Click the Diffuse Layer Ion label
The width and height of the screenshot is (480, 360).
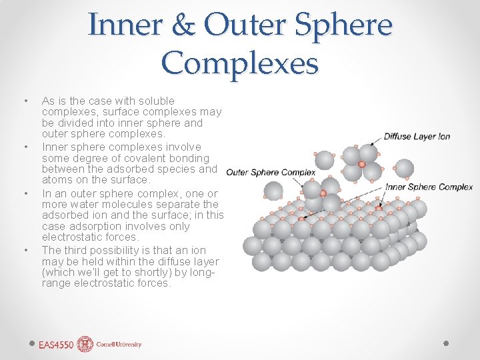click(x=417, y=137)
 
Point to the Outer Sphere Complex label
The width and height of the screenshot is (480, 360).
click(x=271, y=173)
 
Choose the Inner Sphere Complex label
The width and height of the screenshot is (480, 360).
click(x=429, y=187)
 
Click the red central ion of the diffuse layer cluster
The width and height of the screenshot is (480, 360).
click(x=362, y=164)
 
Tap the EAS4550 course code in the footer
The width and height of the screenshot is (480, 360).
click(x=55, y=345)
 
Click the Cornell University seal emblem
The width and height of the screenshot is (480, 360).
click(x=85, y=344)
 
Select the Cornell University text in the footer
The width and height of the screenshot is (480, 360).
click(x=119, y=345)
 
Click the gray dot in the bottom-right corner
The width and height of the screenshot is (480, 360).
click(x=446, y=343)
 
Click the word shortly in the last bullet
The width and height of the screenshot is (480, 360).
click(x=148, y=272)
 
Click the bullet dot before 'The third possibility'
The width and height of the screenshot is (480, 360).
click(x=25, y=250)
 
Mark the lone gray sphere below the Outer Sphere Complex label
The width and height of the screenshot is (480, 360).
click(x=273, y=191)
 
